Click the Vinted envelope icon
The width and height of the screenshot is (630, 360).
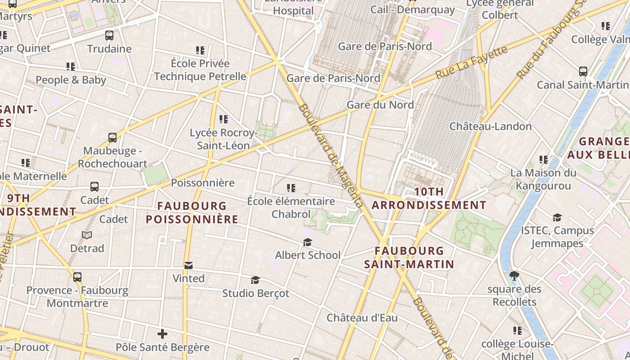coord(188,265)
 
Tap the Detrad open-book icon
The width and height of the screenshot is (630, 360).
coord(87,235)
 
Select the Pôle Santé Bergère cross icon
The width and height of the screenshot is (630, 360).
coord(162,334)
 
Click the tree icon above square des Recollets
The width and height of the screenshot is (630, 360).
coord(514,275)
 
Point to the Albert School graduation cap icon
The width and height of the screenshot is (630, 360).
coord(307,243)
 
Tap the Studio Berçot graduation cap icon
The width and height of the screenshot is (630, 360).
coord(255,280)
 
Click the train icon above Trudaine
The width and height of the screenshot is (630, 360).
coord(109,36)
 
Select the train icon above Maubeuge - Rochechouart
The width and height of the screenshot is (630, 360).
coord(112,138)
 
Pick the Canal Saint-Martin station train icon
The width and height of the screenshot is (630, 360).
coord(583,72)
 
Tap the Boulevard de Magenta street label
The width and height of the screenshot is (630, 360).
coord(330,156)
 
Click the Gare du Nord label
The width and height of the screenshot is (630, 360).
coord(380,105)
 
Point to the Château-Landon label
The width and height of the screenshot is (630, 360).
coord(490,126)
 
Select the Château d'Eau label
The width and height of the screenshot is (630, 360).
coord(362,318)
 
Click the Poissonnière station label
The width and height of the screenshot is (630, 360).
coord(202,183)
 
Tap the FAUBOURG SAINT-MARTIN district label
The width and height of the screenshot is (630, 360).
coord(409,257)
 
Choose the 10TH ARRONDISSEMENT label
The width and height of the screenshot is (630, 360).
coord(429,198)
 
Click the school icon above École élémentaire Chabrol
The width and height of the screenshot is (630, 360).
coord(291,188)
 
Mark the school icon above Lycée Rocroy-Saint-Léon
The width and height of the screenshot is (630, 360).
coord(224,119)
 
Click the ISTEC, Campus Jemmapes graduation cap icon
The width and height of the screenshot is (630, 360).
coord(557,218)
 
